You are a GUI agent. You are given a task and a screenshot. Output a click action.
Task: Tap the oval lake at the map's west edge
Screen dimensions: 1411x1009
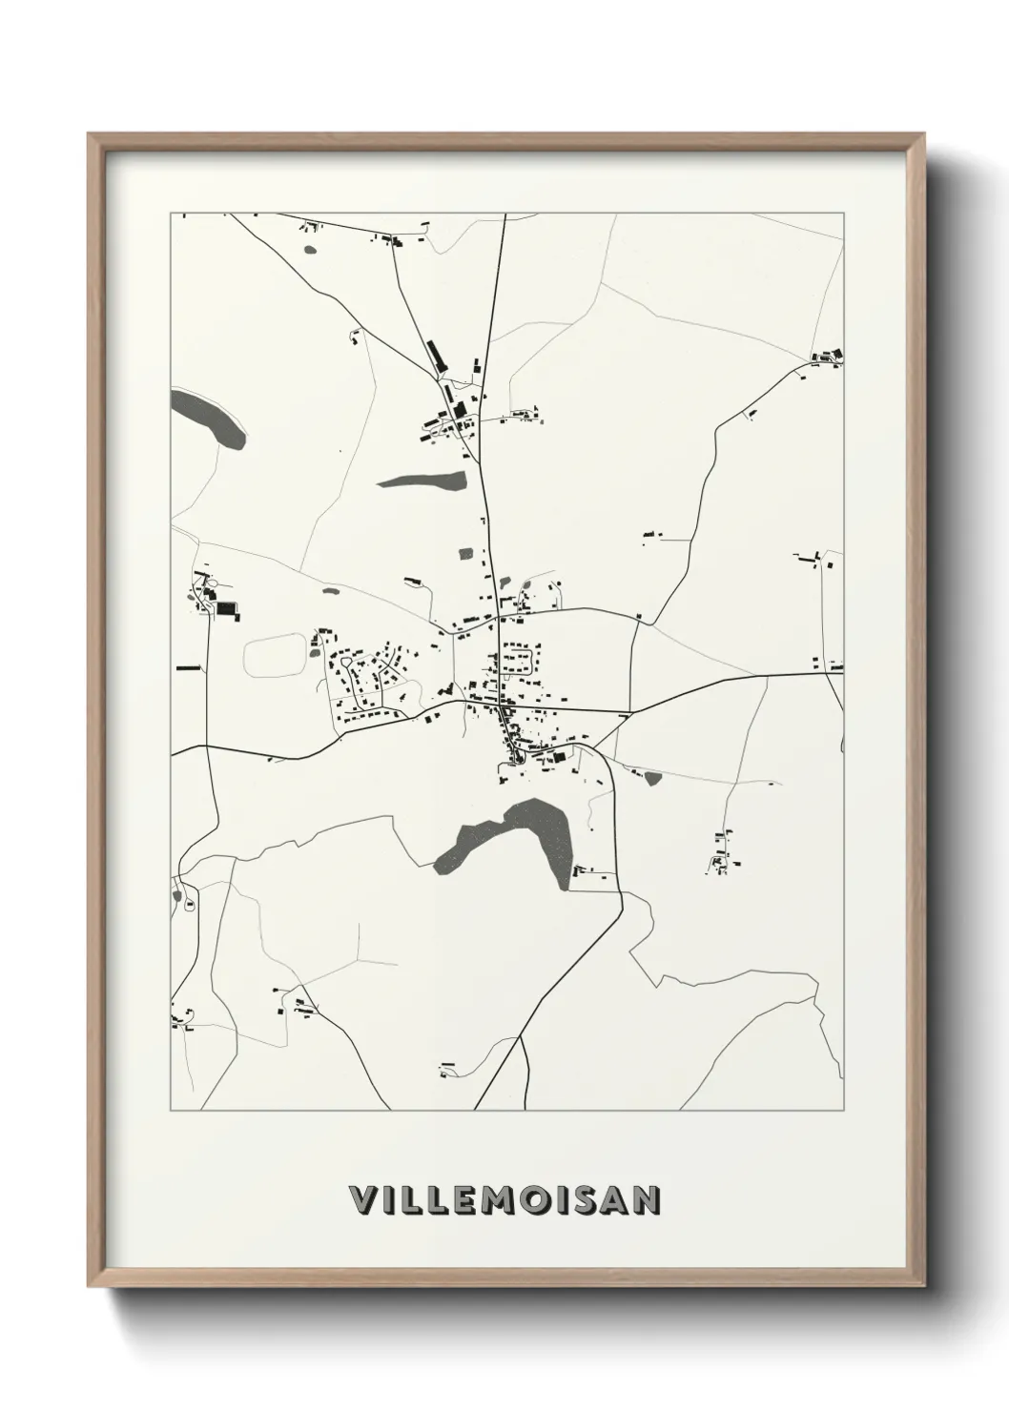click(x=208, y=417)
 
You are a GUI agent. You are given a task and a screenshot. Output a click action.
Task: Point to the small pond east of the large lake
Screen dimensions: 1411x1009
click(x=653, y=779)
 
